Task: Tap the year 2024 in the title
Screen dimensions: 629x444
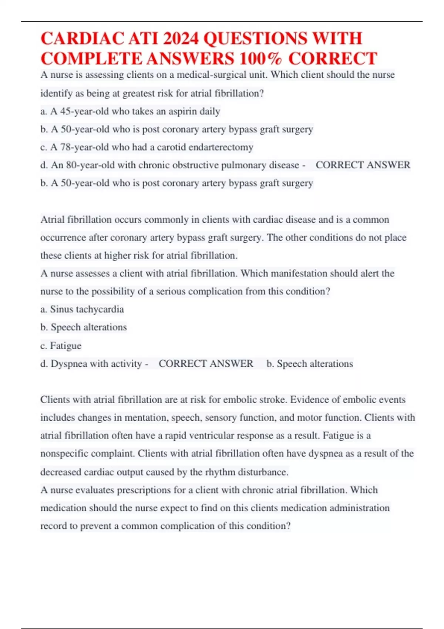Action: tap(181, 39)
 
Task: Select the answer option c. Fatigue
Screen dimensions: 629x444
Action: tap(61, 346)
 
